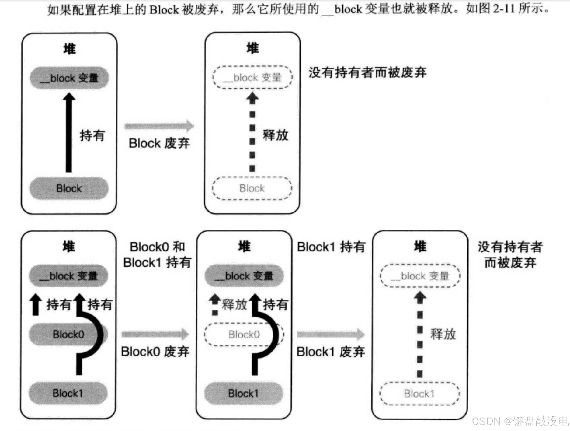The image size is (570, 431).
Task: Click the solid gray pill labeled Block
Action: coord(69,188)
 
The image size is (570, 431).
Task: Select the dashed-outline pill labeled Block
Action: coord(252,188)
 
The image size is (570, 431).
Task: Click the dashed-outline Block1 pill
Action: coord(419,393)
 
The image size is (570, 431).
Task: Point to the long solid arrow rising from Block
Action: coord(69,134)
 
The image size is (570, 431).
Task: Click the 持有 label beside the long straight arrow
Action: coord(92,135)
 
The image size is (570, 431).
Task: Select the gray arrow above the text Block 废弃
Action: coord(159,126)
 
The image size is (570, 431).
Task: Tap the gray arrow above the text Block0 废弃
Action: coord(155,334)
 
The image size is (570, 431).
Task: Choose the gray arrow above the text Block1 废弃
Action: coord(331,334)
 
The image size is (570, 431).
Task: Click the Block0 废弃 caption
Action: coord(155,352)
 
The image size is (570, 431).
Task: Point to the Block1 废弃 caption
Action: coord(331,352)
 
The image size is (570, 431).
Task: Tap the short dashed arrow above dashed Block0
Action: coord(215,304)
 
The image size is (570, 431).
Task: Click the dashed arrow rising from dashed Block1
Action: coord(420,335)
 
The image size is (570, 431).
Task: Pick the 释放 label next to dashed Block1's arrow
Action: coord(443,334)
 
